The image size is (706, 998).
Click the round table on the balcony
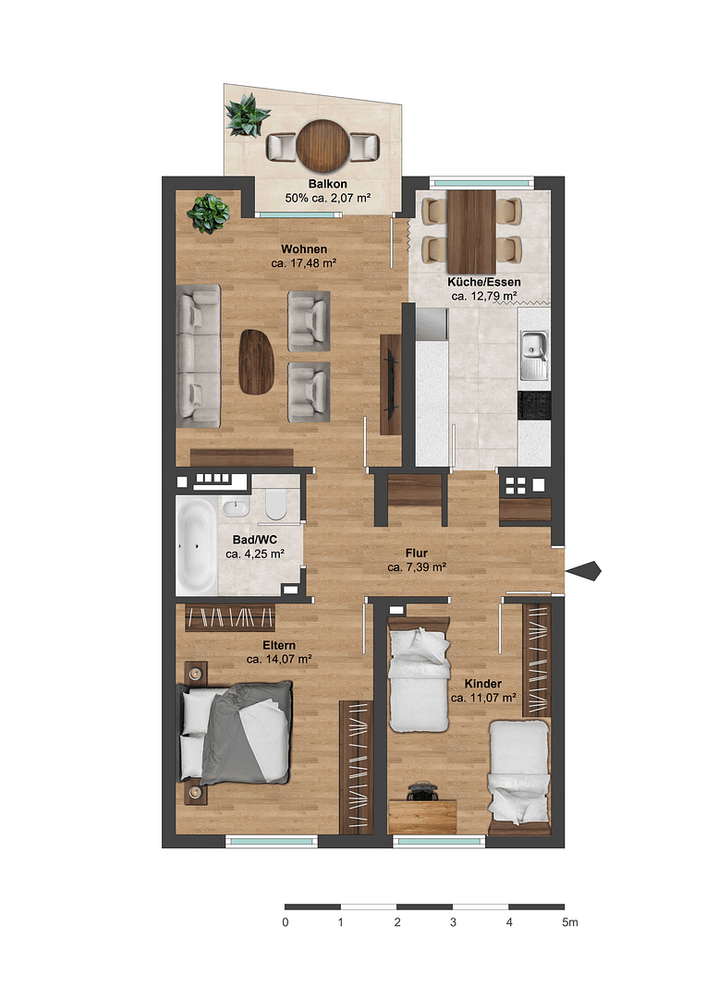click(x=323, y=144)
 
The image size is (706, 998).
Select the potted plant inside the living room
click(x=208, y=213)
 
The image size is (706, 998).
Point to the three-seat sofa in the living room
click(x=199, y=356)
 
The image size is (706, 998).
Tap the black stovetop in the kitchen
click(x=534, y=405)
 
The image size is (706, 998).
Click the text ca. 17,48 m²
click(x=303, y=263)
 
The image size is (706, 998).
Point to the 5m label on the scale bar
click(x=569, y=922)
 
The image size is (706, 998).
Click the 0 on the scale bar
click(x=286, y=922)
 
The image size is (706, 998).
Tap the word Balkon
click(x=315, y=183)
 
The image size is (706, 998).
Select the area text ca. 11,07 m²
click(x=483, y=699)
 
